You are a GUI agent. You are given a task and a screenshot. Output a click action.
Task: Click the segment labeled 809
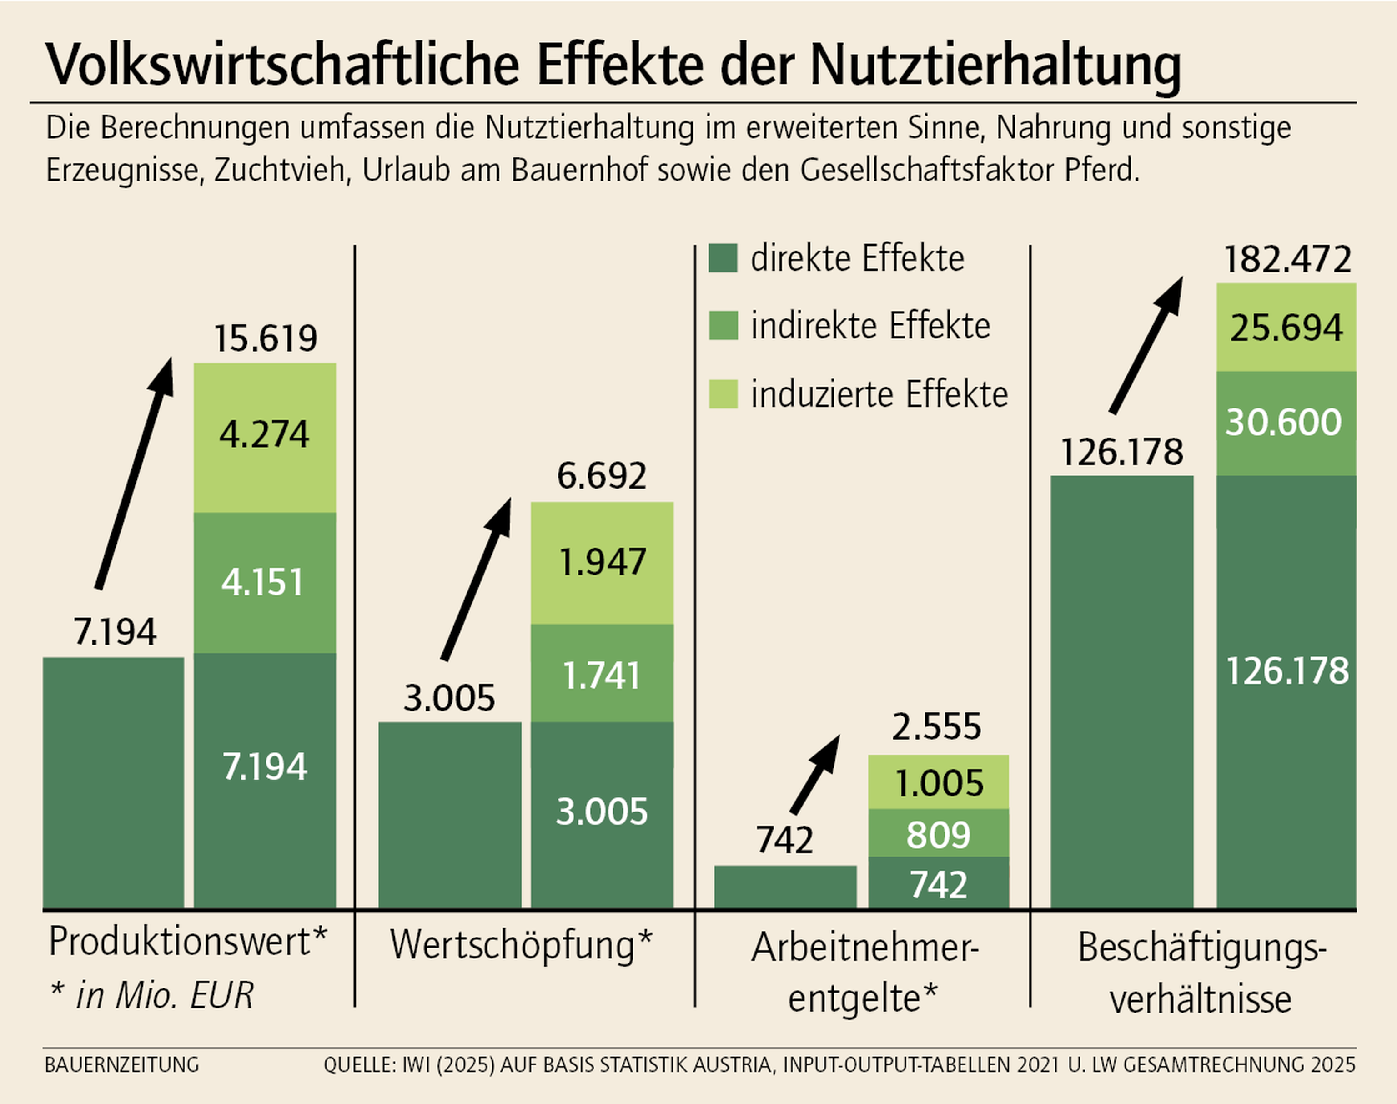pos(938,834)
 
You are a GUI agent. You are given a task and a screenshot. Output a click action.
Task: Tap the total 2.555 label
pos(936,726)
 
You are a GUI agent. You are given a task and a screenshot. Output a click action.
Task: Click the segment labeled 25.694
pos(1286,327)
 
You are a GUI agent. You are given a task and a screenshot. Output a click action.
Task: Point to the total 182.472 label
pos(1287,259)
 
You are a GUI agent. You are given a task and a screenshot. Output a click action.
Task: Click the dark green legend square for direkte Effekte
pos(723,258)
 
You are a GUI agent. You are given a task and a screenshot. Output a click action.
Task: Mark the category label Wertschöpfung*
pos(521,945)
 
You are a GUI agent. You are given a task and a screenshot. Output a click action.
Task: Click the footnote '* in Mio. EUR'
pos(152,995)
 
